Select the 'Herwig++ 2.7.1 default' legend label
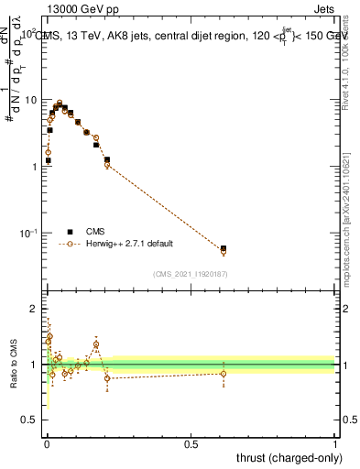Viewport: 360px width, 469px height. click(x=130, y=244)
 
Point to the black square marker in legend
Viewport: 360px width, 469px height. click(x=70, y=232)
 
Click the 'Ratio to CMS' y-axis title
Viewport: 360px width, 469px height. click(x=13, y=364)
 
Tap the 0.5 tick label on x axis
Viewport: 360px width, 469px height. click(x=191, y=443)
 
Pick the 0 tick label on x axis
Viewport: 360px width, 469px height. click(x=46, y=443)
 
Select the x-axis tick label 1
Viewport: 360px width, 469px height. click(x=335, y=443)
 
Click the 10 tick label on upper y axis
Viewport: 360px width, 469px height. click(x=30, y=99)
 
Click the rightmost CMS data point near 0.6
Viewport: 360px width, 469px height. click(x=224, y=248)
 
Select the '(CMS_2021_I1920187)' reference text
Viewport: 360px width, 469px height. click(x=190, y=274)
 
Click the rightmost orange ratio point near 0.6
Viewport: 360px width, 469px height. click(x=224, y=373)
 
